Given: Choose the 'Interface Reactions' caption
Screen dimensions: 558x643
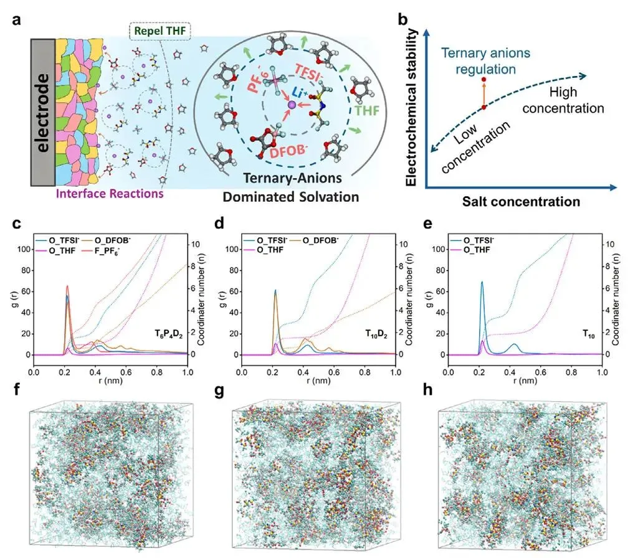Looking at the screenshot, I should tap(110, 194).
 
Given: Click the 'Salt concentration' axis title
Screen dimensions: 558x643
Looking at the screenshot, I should tap(521, 201).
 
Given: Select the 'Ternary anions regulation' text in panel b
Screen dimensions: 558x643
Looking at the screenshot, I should tap(483, 60).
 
